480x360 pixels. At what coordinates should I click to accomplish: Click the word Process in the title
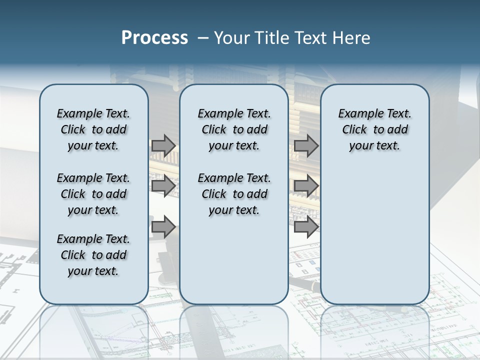pyautogui.click(x=154, y=37)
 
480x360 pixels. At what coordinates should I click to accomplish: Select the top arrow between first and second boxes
pyautogui.click(x=163, y=145)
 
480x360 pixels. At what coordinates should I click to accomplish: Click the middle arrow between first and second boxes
pyautogui.click(x=163, y=186)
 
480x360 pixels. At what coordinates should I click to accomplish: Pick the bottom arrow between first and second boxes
pyautogui.click(x=163, y=227)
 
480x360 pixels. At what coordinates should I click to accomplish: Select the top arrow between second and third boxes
pyautogui.click(x=306, y=145)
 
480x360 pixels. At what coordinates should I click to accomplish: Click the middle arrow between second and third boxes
pyautogui.click(x=306, y=186)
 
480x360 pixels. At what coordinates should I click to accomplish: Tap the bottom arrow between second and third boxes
pyautogui.click(x=306, y=227)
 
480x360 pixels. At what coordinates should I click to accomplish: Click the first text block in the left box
pyautogui.click(x=93, y=129)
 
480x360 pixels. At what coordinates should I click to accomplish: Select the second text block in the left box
pyautogui.click(x=93, y=194)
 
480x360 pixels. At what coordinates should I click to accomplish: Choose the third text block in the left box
pyautogui.click(x=93, y=255)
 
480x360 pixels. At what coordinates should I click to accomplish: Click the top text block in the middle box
pyautogui.click(x=234, y=129)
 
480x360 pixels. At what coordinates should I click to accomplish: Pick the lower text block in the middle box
pyautogui.click(x=234, y=194)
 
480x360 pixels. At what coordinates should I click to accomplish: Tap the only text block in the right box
pyautogui.click(x=374, y=129)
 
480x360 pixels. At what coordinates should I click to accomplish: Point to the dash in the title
pyautogui.click(x=202, y=38)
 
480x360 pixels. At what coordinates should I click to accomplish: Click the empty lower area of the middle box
pyautogui.click(x=234, y=260)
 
